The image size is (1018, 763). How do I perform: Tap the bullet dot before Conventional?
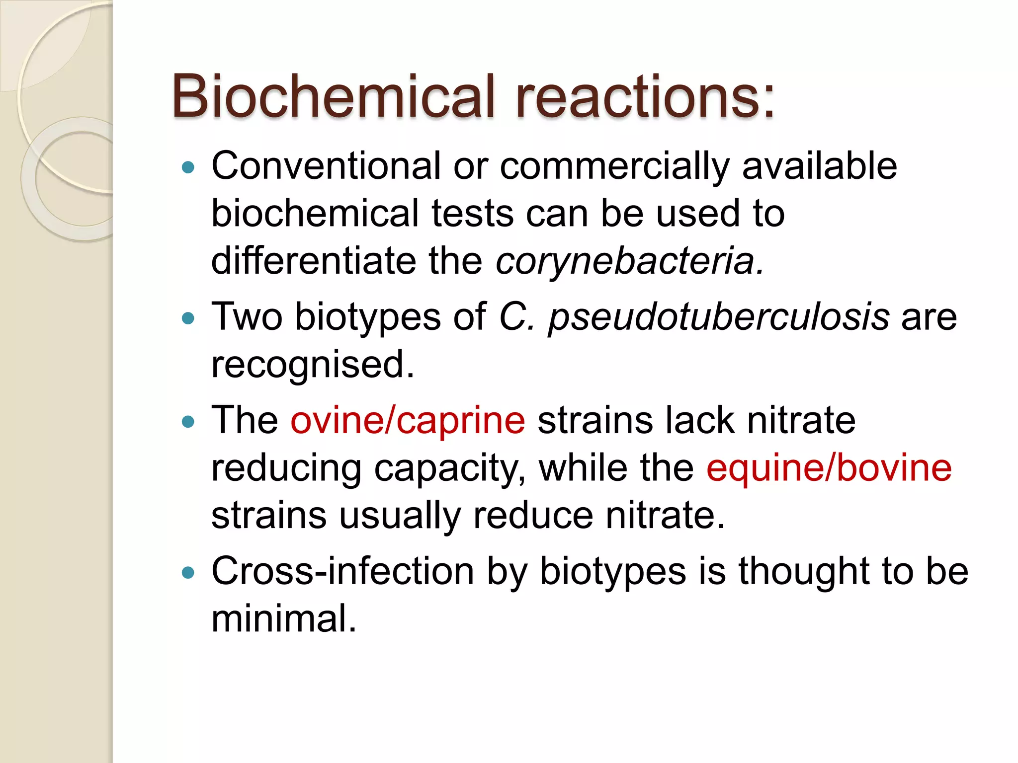point(188,167)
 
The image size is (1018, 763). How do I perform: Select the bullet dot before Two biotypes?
point(188,318)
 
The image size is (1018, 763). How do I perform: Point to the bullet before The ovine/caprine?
point(188,422)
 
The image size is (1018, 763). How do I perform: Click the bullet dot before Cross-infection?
point(188,573)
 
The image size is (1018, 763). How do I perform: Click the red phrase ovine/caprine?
point(408,421)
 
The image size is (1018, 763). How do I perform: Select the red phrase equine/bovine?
point(829,468)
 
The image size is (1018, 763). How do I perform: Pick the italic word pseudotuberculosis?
point(718,317)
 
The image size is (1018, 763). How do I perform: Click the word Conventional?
point(326,166)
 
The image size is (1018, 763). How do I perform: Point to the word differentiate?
point(314,261)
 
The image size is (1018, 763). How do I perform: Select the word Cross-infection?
point(342,571)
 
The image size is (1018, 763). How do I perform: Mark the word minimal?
point(284,619)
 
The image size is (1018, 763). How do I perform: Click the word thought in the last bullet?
point(804,571)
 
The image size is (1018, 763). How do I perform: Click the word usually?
point(400,516)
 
